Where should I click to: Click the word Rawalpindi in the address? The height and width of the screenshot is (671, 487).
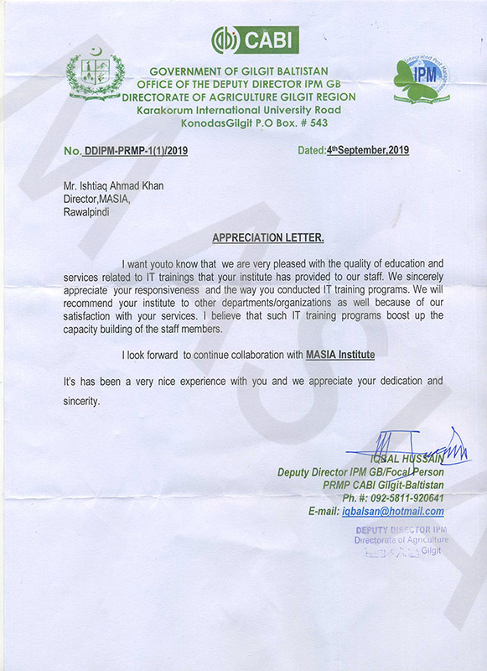[86, 212]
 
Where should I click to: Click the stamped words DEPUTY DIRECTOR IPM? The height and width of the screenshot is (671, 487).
[402, 530]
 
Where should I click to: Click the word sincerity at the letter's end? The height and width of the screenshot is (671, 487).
[81, 401]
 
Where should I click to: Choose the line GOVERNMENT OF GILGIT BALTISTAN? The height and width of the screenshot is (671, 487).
[239, 70]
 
